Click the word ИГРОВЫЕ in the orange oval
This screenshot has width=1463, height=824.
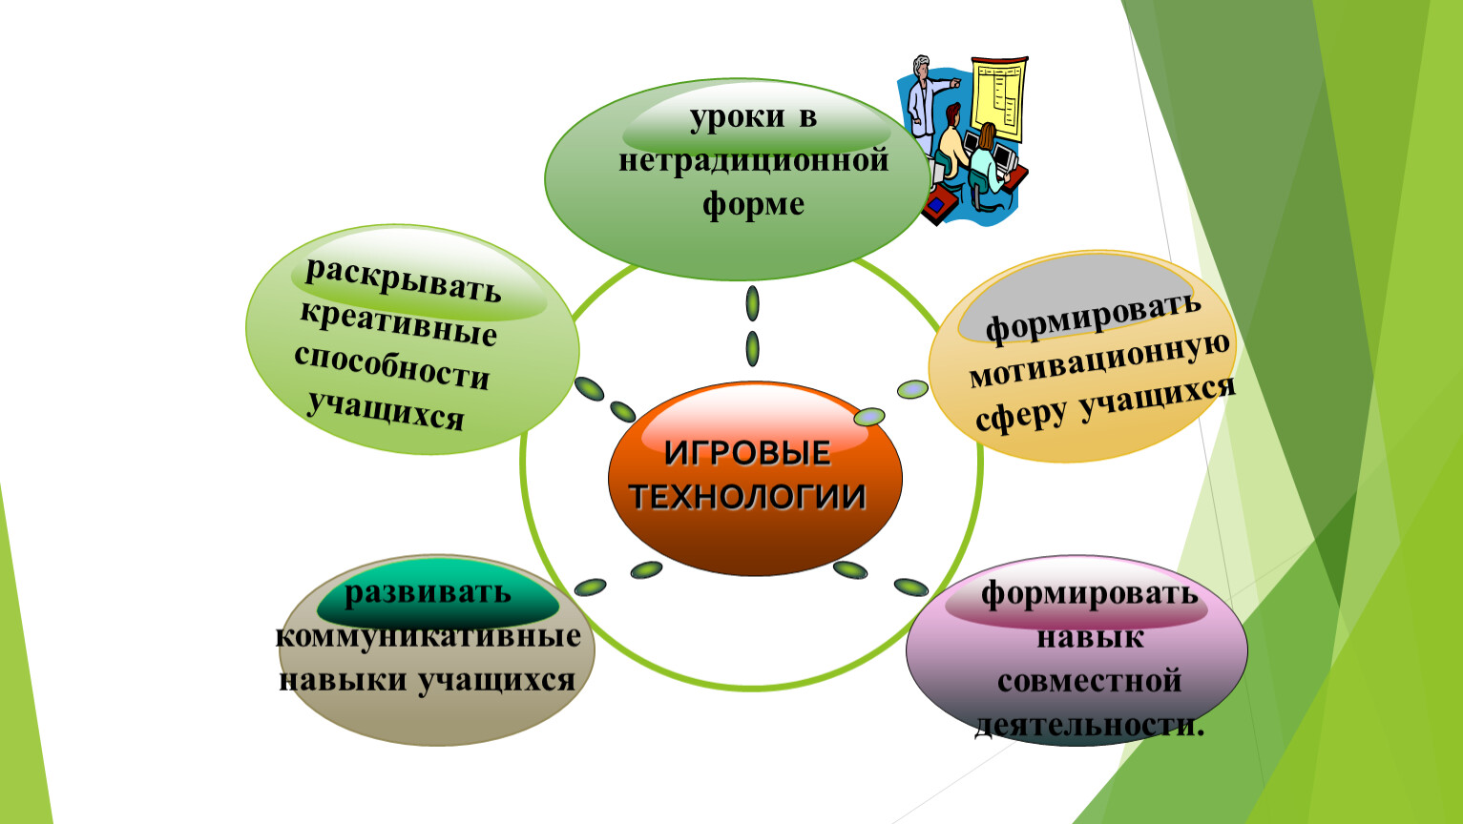(747, 453)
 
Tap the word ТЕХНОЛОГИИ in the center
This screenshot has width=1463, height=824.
(747, 496)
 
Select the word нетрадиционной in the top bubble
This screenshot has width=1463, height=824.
(754, 161)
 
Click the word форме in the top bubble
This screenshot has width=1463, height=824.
(753, 204)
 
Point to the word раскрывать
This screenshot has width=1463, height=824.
(403, 280)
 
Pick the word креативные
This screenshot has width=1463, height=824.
(398, 324)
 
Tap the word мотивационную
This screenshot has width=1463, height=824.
(1099, 361)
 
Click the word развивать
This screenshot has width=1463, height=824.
(428, 593)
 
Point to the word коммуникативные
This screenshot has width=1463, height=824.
(428, 637)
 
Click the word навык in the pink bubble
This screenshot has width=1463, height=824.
(1090, 637)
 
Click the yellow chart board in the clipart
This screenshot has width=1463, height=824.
(997, 98)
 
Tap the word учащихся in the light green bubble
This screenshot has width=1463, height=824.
(386, 411)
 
